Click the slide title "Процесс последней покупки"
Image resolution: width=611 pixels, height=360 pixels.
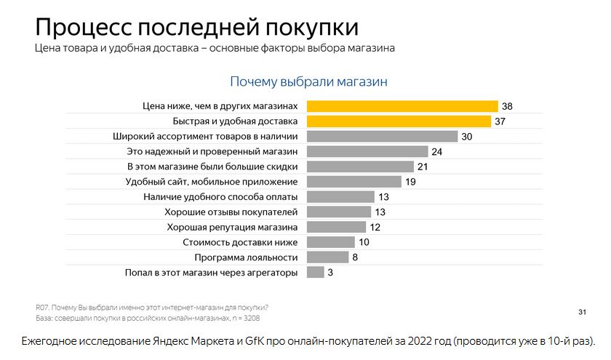[196, 27]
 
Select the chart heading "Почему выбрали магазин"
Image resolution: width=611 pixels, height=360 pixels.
[308, 81]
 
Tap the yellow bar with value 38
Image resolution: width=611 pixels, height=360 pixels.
[402, 106]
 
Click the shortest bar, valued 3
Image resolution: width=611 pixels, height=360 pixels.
[315, 273]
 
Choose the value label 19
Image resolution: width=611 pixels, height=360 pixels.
[410, 182]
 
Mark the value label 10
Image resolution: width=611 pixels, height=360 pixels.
[364, 242]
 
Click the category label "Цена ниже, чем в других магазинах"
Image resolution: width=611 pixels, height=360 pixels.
[220, 106]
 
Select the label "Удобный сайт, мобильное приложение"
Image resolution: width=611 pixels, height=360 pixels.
[212, 182]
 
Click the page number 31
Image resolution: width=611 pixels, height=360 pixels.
[582, 312]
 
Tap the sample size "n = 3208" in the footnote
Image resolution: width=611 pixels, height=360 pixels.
[242, 319]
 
